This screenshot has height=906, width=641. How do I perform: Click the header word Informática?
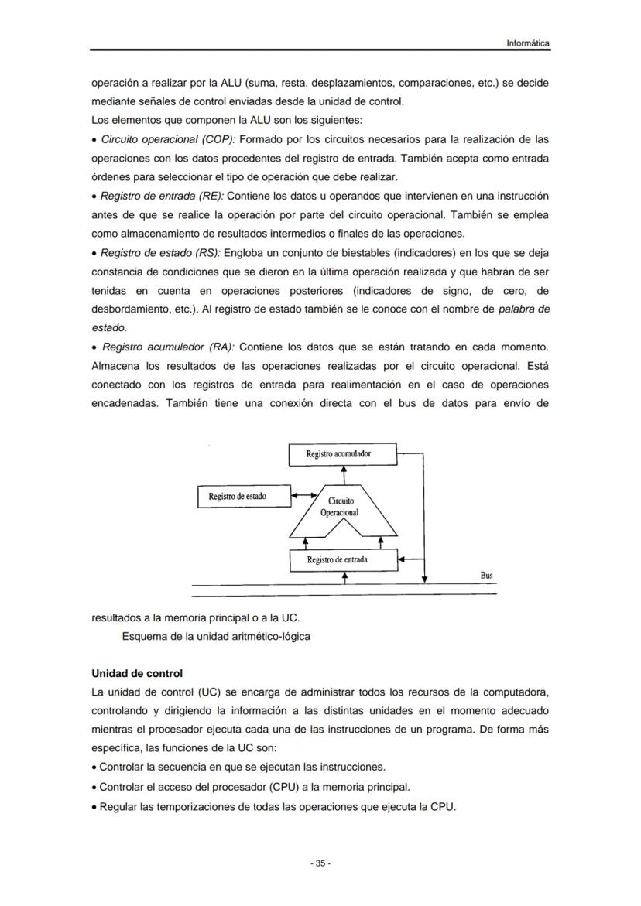528,43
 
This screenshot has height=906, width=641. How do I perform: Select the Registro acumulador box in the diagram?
342,454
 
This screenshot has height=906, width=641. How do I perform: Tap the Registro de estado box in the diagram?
242,496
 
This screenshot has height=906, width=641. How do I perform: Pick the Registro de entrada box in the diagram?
342,559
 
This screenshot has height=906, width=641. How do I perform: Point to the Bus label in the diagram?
486,576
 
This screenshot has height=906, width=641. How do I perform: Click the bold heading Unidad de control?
137,673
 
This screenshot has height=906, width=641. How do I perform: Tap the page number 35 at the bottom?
320,863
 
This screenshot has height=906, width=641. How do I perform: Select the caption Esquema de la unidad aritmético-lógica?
216,637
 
